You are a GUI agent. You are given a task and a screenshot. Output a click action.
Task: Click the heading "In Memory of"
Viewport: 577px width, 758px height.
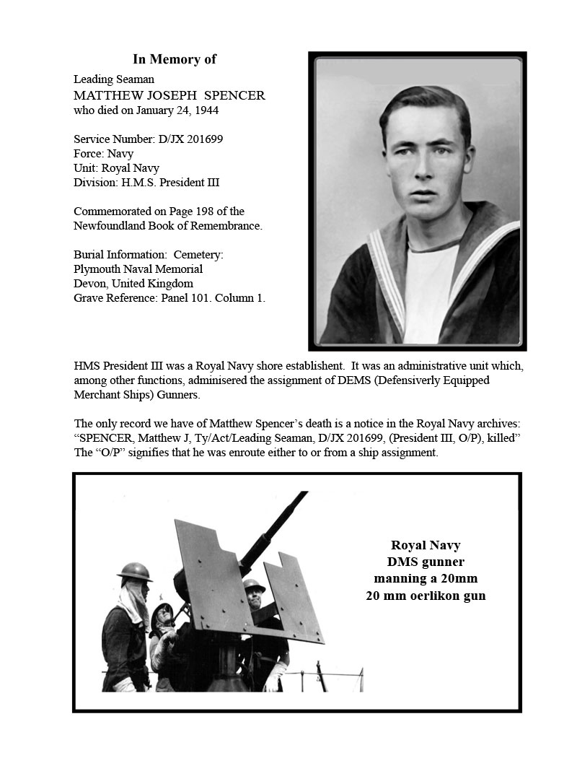(175, 59)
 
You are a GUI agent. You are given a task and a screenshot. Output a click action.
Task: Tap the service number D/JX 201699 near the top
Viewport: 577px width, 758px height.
(190, 139)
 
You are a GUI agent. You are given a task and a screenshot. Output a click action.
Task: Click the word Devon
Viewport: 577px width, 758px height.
(89, 283)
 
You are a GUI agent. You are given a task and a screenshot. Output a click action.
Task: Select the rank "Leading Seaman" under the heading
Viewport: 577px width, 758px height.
(114, 79)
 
